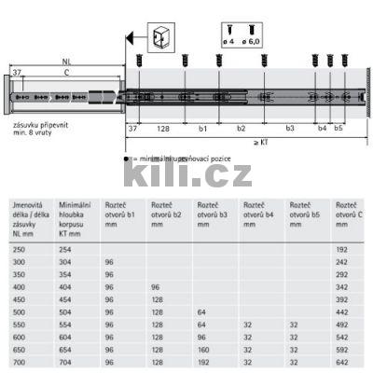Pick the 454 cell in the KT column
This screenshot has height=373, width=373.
pyautogui.click(x=67, y=298)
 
